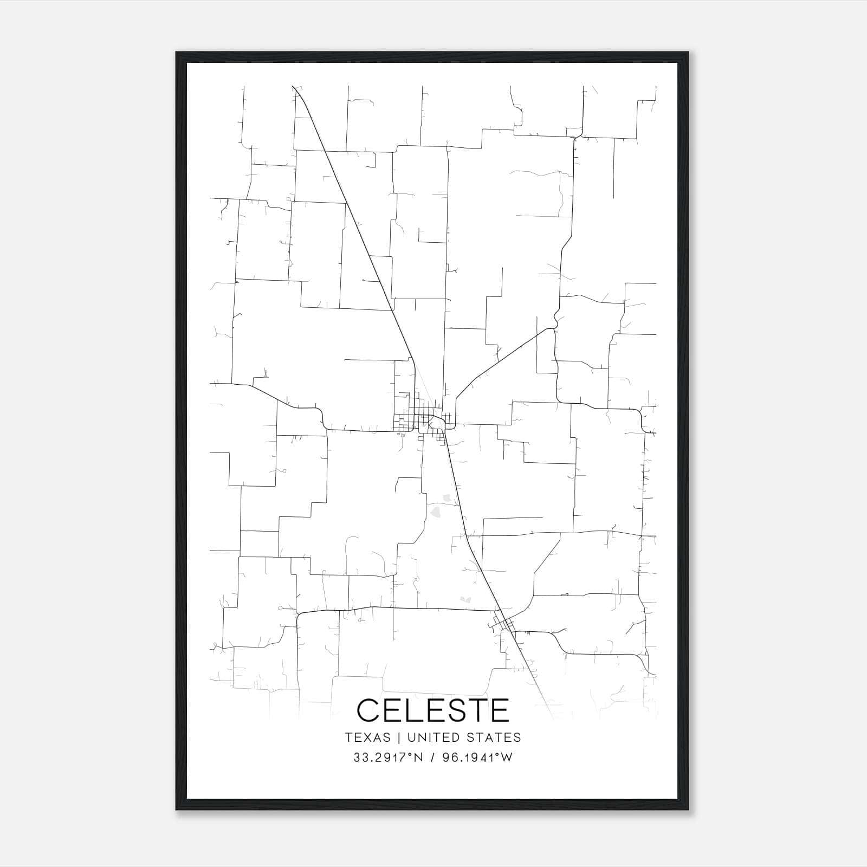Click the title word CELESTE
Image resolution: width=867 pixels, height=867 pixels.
pyautogui.click(x=433, y=710)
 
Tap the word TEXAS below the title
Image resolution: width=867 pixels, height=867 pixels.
pyautogui.click(x=367, y=737)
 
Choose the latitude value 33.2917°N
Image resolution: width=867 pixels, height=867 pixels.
pyautogui.click(x=387, y=758)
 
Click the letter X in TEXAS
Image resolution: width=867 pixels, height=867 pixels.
pyautogui.click(x=368, y=737)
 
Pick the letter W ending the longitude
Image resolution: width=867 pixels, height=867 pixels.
pyautogui.click(x=507, y=758)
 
